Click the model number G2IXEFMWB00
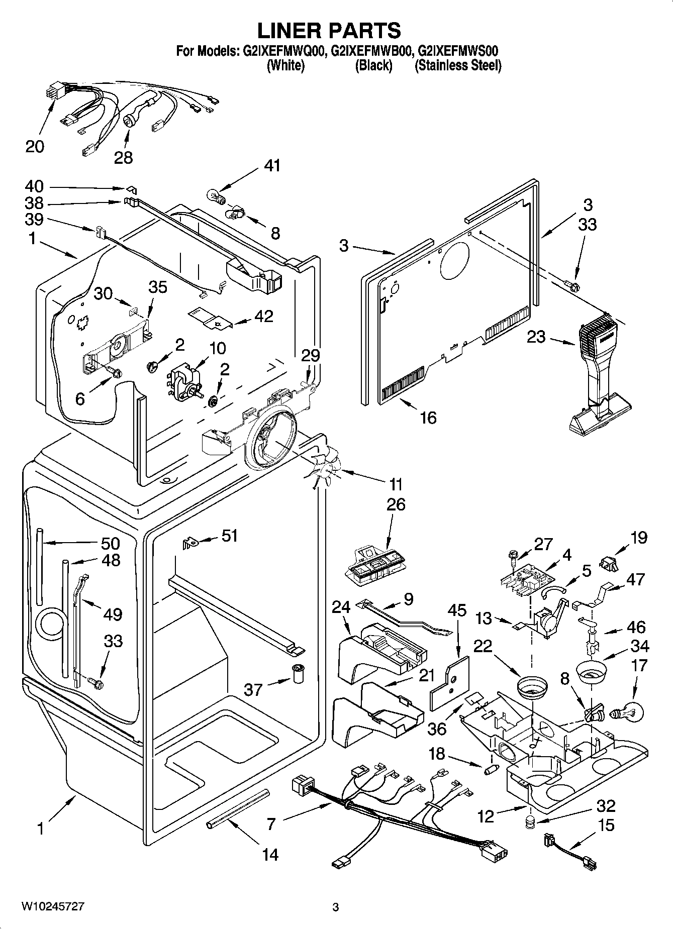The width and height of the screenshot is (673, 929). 372,51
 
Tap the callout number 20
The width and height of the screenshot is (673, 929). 35,146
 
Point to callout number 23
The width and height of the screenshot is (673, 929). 536,336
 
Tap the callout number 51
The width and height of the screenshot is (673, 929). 229,536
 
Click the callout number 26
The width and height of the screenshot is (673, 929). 396,504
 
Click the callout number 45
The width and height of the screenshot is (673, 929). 457,610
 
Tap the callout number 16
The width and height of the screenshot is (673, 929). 428,417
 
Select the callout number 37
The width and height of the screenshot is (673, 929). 253,689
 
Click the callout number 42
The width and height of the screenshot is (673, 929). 264,316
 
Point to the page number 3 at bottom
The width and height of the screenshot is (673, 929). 336,907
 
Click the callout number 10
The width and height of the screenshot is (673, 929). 217,348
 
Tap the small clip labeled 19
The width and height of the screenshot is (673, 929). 609,563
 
